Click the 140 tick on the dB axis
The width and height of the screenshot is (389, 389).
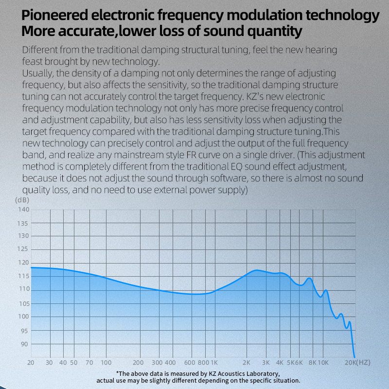(23, 210)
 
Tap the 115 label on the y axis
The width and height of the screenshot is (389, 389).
(23, 276)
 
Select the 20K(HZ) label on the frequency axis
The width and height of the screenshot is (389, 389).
(358, 363)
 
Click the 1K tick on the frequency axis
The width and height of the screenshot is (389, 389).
(213, 363)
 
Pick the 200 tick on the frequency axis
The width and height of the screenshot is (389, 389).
(138, 363)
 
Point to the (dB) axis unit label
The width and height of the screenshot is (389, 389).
(22, 200)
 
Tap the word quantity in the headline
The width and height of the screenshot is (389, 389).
(275, 32)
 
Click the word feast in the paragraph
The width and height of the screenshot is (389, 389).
(32, 62)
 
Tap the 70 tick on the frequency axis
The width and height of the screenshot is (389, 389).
(89, 363)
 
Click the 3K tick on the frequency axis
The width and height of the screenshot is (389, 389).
(265, 363)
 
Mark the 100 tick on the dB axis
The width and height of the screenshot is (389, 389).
(23, 317)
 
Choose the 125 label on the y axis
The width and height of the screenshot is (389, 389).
(23, 249)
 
